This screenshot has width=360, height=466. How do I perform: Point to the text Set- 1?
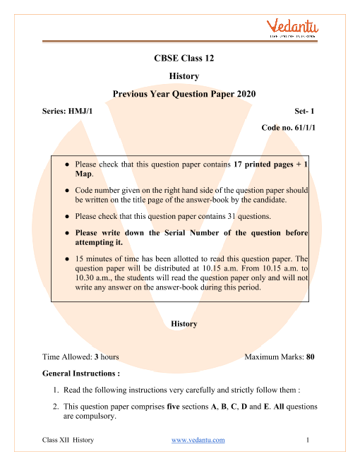[x=305, y=112]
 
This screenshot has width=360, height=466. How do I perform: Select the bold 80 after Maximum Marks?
[x=310, y=357]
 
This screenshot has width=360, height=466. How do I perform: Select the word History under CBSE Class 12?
[x=184, y=76]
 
